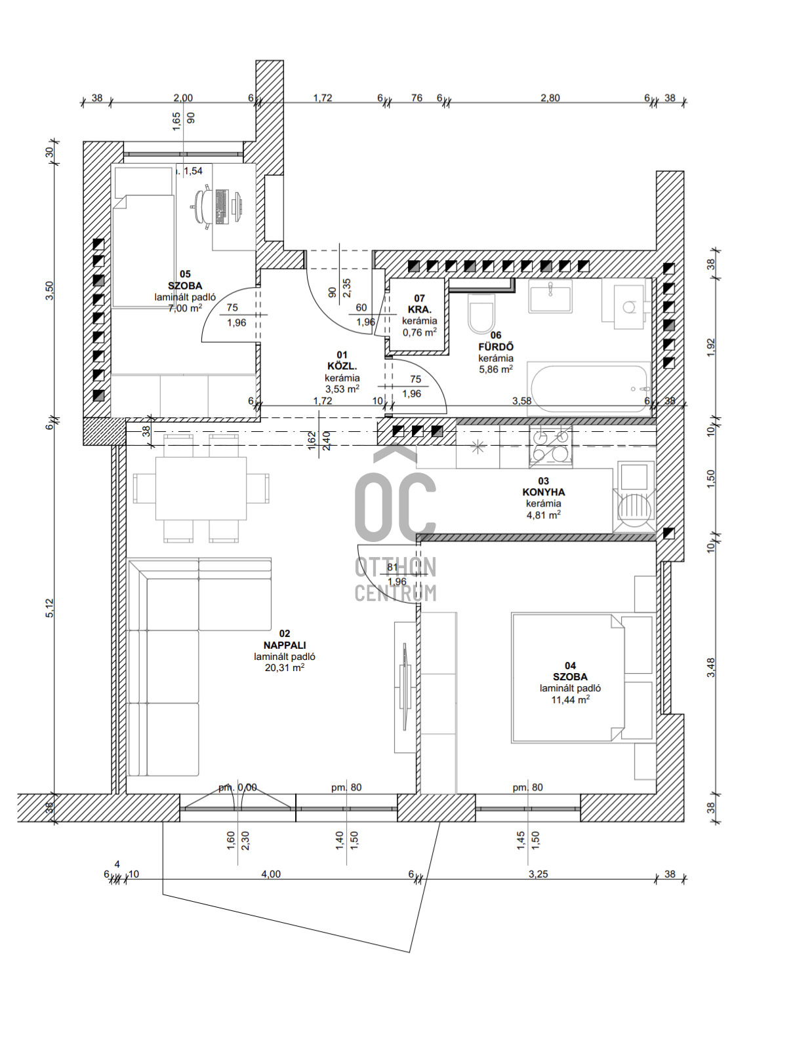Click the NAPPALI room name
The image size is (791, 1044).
pyautogui.click(x=285, y=645)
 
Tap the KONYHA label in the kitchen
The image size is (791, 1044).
pyautogui.click(x=543, y=492)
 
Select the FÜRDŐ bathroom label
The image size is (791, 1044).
pyautogui.click(x=496, y=347)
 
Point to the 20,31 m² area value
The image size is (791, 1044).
pyautogui.click(x=285, y=668)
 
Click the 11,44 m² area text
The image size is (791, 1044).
pyautogui.click(x=570, y=699)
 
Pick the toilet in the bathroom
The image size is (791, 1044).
pyautogui.click(x=481, y=313)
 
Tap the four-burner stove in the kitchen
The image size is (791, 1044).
pyautogui.click(x=551, y=446)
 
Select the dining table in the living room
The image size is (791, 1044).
pyautogui.click(x=201, y=488)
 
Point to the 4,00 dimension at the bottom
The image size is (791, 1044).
pyautogui.click(x=271, y=874)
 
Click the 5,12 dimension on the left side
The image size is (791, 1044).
pyautogui.click(x=50, y=608)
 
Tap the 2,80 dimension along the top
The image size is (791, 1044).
pyautogui.click(x=550, y=98)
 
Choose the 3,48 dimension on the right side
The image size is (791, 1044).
pyautogui.click(x=710, y=667)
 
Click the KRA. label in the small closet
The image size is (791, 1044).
pyautogui.click(x=419, y=309)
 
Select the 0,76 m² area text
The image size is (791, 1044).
pyautogui.click(x=419, y=332)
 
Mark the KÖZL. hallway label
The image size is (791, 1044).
pyautogui.click(x=342, y=366)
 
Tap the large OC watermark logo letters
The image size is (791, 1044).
pyautogui.click(x=395, y=506)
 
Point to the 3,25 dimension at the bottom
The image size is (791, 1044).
pyautogui.click(x=538, y=874)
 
